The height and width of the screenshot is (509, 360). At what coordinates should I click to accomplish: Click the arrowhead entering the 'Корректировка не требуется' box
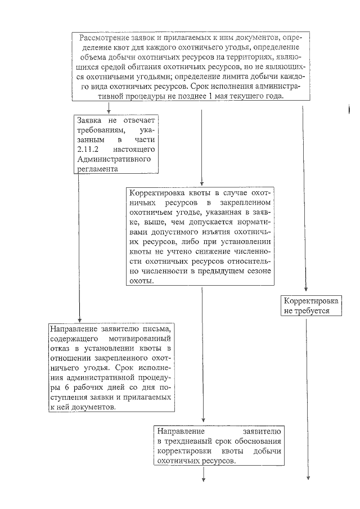click(307, 291)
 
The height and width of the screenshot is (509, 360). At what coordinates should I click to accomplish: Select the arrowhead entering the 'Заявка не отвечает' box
click(109, 111)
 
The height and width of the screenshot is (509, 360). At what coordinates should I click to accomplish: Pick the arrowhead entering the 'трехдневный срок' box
click(202, 422)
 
